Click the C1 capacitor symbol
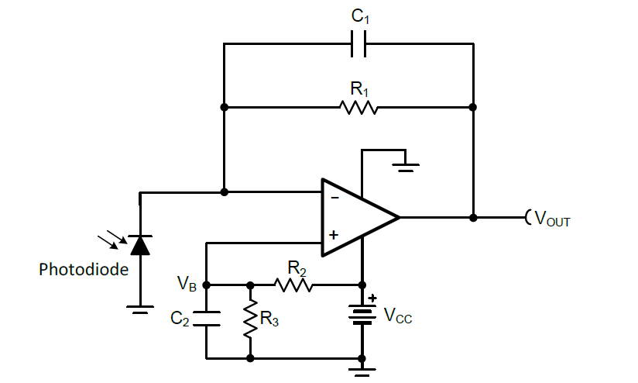click(358, 45)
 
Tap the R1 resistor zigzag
click(358, 106)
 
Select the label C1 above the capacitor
click(358, 16)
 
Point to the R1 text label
click(358, 87)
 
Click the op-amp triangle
click(356, 217)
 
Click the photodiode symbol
click(140, 245)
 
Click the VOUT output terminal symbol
click(528, 217)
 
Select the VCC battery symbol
click(362, 314)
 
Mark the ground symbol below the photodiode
click(140, 310)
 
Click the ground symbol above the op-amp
click(405, 164)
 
